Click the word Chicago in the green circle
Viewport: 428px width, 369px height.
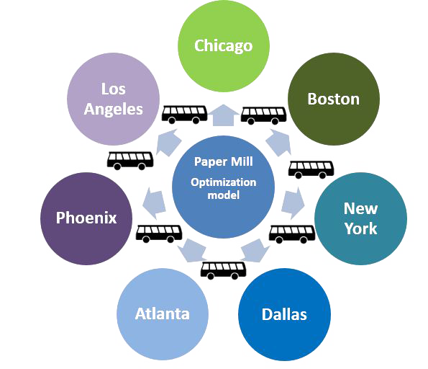point(223,45)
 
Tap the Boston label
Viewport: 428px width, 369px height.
point(333,99)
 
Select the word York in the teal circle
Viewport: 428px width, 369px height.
point(360,228)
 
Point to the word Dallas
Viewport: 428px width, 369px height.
point(284,314)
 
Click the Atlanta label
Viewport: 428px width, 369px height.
point(162,314)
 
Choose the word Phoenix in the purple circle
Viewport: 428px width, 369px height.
point(86,218)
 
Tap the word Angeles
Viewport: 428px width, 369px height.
point(113,110)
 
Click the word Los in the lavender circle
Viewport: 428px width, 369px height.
point(113,89)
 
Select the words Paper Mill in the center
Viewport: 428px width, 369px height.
point(223,161)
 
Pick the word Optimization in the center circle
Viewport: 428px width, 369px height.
point(223,182)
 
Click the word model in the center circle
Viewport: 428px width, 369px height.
point(223,195)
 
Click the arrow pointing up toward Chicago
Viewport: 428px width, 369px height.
point(223,115)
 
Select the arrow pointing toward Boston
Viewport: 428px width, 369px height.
point(278,142)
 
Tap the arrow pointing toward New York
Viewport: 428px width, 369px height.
point(293,203)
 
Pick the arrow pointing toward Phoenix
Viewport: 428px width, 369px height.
point(154,203)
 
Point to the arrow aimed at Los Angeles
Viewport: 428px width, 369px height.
point(169,142)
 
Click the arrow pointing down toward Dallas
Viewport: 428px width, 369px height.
point(255,251)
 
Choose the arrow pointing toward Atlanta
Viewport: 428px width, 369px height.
point(192,251)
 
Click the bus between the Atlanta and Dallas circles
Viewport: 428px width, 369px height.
point(223,270)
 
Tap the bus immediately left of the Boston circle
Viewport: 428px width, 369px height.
point(263,116)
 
